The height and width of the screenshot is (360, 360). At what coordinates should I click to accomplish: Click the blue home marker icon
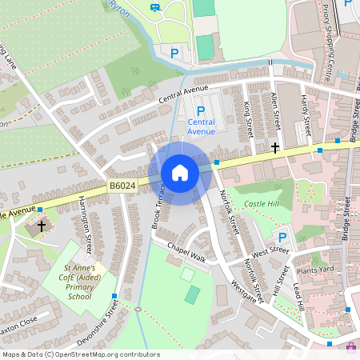pyautogui.click(x=180, y=173)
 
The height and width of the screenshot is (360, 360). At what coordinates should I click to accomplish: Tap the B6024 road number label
pyautogui.click(x=122, y=186)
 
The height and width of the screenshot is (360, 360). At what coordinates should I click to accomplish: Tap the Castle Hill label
pyautogui.click(x=263, y=205)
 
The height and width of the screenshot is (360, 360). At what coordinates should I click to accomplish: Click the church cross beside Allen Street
pyautogui.click(x=275, y=147)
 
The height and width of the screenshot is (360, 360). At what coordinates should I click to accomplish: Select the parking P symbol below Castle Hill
pyautogui.click(x=282, y=237)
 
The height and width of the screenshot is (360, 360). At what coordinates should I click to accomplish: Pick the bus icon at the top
pyautogui.click(x=154, y=8)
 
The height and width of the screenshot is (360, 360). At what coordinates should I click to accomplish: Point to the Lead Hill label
pyautogui.click(x=298, y=298)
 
